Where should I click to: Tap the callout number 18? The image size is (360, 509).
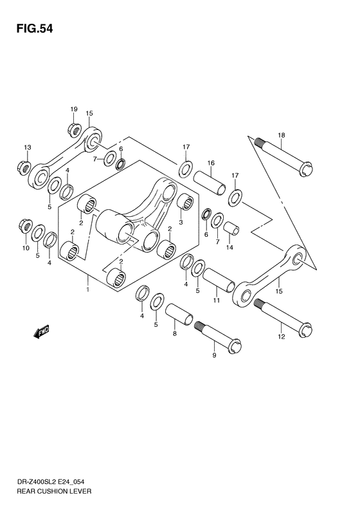pos(281,135)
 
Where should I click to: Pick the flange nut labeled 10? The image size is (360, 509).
pos(26,230)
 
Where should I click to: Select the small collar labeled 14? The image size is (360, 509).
pos(231,228)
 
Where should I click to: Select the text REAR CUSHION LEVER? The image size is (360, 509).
pos(48,491)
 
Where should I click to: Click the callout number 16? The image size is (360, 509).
pos(210,163)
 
